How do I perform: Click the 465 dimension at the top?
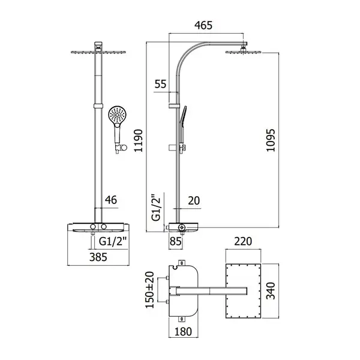click(x=203, y=25)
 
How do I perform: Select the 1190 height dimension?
click(x=139, y=141)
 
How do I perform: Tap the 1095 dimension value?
click(x=271, y=140)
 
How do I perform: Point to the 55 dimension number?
click(x=160, y=84)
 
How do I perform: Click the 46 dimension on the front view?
click(x=111, y=200)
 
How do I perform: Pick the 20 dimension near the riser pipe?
click(x=194, y=200)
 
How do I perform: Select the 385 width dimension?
click(x=98, y=257)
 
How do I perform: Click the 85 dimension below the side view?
click(x=175, y=242)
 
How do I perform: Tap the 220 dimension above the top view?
click(x=243, y=242)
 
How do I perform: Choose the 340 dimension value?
click(x=271, y=291)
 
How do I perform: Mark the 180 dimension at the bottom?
click(x=183, y=332)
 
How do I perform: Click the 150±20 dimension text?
click(x=149, y=290)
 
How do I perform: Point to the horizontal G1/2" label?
click(x=113, y=242)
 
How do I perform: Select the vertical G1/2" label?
click(x=156, y=208)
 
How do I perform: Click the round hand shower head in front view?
click(x=118, y=115)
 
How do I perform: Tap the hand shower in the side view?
click(x=182, y=125)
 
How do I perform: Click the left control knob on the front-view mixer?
click(x=93, y=227)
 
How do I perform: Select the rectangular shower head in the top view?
click(x=244, y=291)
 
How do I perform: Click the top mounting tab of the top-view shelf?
click(x=182, y=263)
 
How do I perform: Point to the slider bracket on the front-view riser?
click(x=98, y=106)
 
